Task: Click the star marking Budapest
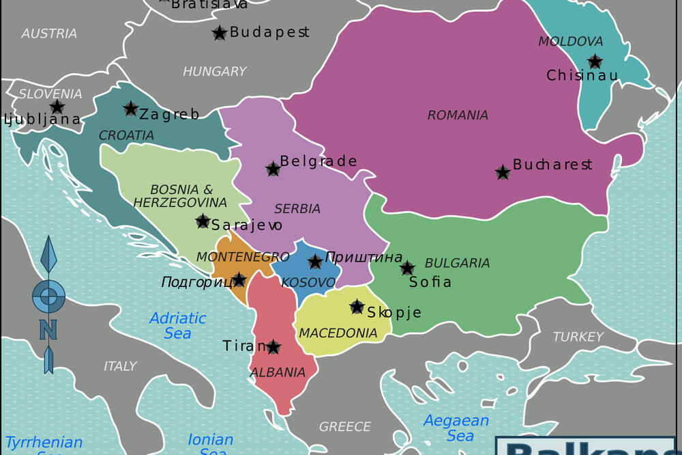[220, 33]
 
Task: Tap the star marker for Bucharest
[503, 172]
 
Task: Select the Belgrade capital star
[273, 169]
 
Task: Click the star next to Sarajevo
[203, 221]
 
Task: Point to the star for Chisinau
[595, 61]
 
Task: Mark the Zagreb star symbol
[130, 109]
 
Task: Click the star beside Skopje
[357, 307]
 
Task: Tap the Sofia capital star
[407, 268]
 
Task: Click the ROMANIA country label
[458, 115]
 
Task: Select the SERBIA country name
[297, 209]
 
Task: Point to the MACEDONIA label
[338, 333]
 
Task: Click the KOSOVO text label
[308, 282]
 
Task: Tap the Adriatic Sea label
[177, 326]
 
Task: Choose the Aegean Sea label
[456, 428]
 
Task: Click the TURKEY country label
[578, 337]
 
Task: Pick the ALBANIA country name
[278, 373]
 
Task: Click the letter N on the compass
[48, 330]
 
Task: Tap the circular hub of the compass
[48, 297]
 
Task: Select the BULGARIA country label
[457, 263]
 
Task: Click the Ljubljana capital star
[57, 107]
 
